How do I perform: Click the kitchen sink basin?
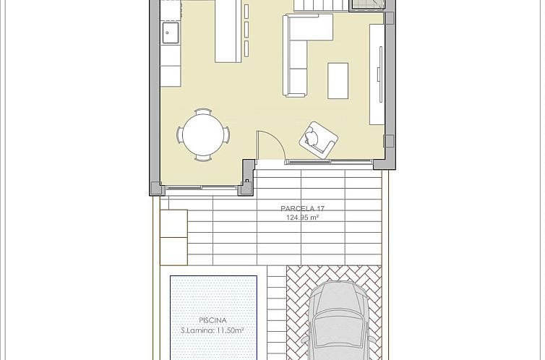click(171, 32)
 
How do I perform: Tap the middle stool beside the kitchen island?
click(247, 29)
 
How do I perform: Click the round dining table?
click(203, 134)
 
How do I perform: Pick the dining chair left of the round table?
click(181, 134)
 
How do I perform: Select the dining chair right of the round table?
click(226, 134)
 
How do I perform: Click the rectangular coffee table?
click(338, 80)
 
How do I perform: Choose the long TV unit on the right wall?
click(377, 74)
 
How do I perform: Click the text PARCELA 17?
click(302, 209)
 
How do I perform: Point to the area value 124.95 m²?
click(302, 217)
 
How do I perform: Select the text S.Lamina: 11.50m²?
click(213, 330)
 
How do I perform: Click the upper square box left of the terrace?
click(173, 220)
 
